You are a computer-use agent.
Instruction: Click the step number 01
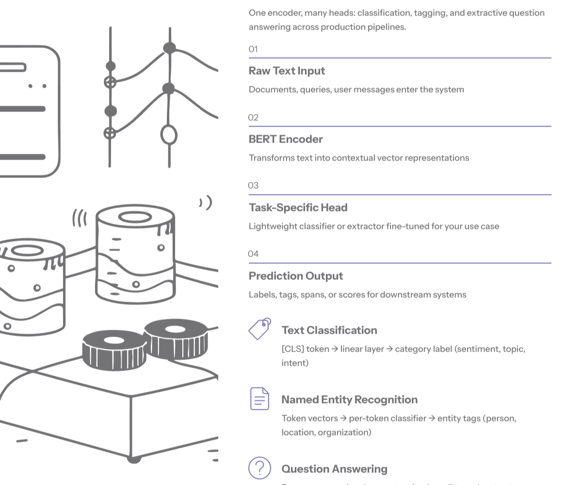[253, 49]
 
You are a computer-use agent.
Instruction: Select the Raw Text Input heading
[287, 71]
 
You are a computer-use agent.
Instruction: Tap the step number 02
[253, 117]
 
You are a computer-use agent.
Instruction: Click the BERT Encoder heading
[286, 139]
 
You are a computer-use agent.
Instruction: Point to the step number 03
[253, 185]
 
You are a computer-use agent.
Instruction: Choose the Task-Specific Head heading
[298, 208]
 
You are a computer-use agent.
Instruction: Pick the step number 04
[253, 254]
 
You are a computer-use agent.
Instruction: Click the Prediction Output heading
[296, 276]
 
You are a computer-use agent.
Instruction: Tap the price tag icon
[259, 329]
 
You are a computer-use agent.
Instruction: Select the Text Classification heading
[329, 330]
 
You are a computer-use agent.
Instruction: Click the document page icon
[259, 399]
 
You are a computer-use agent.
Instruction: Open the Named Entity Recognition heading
[349, 400]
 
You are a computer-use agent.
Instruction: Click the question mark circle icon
[259, 468]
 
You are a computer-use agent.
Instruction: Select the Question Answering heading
[334, 469]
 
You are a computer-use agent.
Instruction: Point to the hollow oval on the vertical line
[169, 135]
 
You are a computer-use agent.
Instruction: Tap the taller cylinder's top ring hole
[135, 217]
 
